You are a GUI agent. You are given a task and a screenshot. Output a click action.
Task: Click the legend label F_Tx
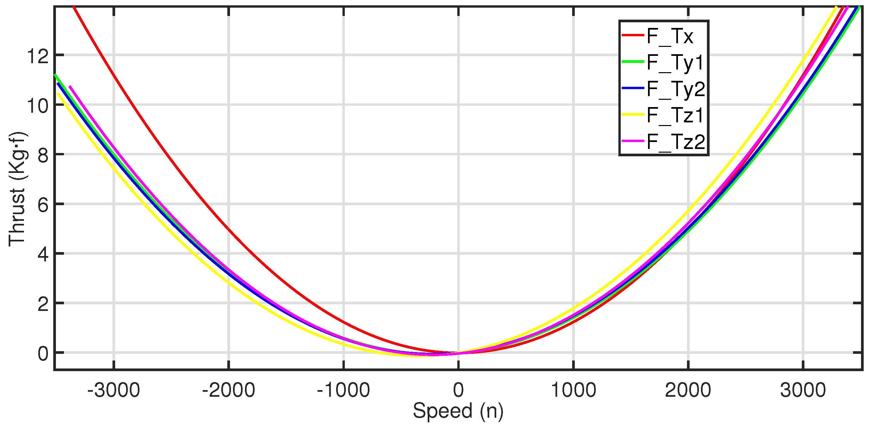(670, 36)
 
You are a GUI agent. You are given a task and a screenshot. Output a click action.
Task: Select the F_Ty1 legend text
(675, 63)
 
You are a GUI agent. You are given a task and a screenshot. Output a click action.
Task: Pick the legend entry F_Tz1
(675, 115)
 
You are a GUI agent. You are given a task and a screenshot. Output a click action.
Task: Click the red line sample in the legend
(633, 35)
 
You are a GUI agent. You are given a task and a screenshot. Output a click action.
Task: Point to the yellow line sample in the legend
(633, 115)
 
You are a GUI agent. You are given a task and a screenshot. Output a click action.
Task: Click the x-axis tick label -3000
(113, 390)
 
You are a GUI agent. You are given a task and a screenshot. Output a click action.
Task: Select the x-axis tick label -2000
(228, 390)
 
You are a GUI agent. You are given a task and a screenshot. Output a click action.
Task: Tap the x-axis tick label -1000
(343, 390)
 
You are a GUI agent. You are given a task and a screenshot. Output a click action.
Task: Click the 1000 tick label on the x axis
(573, 390)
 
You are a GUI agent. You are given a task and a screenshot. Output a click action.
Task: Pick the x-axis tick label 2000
(688, 390)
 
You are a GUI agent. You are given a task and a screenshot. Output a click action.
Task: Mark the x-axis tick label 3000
(803, 390)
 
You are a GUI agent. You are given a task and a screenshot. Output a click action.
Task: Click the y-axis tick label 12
(38, 56)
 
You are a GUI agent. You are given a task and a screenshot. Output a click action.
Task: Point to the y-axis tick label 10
(38, 106)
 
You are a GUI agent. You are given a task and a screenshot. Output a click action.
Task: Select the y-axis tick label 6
(43, 205)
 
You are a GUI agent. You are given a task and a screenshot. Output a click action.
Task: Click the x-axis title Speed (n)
(458, 411)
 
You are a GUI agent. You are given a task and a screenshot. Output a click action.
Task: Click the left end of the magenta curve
(70, 87)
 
